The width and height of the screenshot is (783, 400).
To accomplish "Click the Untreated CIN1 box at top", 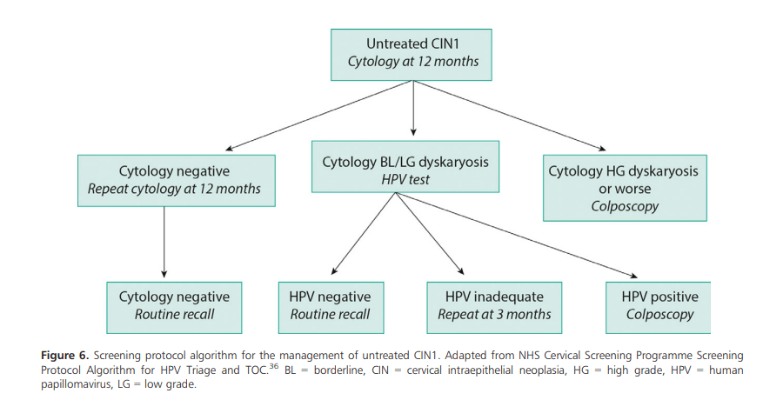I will [x=412, y=54].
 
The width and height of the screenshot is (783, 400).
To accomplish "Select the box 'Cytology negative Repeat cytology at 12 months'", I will [x=177, y=181].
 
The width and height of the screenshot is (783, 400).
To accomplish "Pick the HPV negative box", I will [x=330, y=306].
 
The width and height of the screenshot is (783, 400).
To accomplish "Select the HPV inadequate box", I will [x=494, y=306].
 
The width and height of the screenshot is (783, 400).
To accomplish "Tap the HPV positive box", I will [x=659, y=306].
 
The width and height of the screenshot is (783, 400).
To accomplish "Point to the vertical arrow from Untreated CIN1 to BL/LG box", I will [x=412, y=109].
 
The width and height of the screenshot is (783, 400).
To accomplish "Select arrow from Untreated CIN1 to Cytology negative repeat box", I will [x=304, y=114].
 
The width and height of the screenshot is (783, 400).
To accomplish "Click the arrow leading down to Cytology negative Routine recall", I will [x=164, y=243].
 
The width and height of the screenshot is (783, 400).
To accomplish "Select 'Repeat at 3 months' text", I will [x=494, y=315].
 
